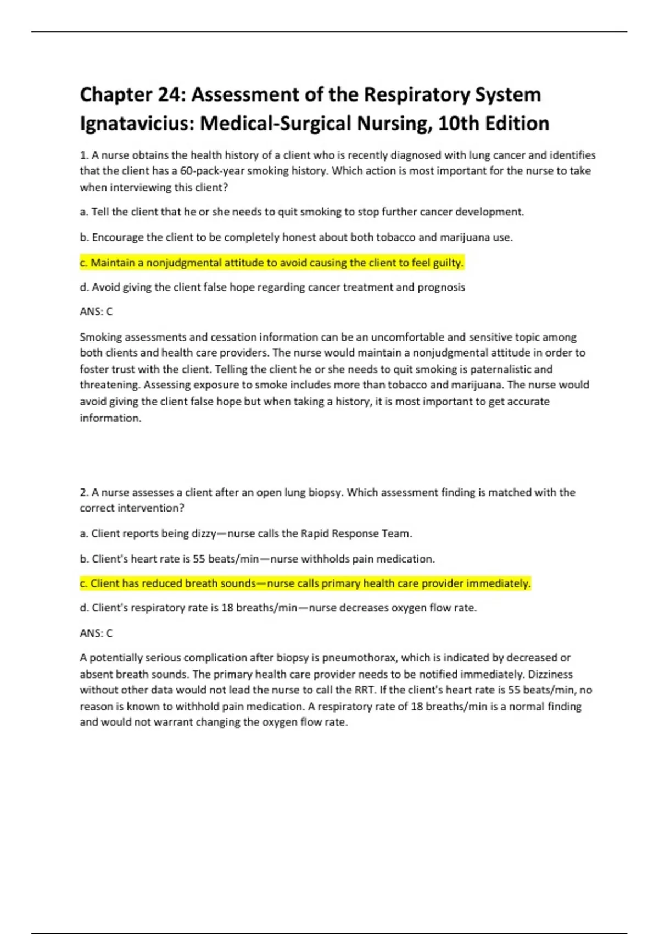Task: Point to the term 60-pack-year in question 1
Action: [212, 171]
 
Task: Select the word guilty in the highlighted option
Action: [448, 263]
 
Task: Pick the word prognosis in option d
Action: [441, 287]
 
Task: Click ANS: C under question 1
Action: [96, 312]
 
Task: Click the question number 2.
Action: [83, 492]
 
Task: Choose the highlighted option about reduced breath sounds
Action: [305, 583]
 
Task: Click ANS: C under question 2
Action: [96, 633]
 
